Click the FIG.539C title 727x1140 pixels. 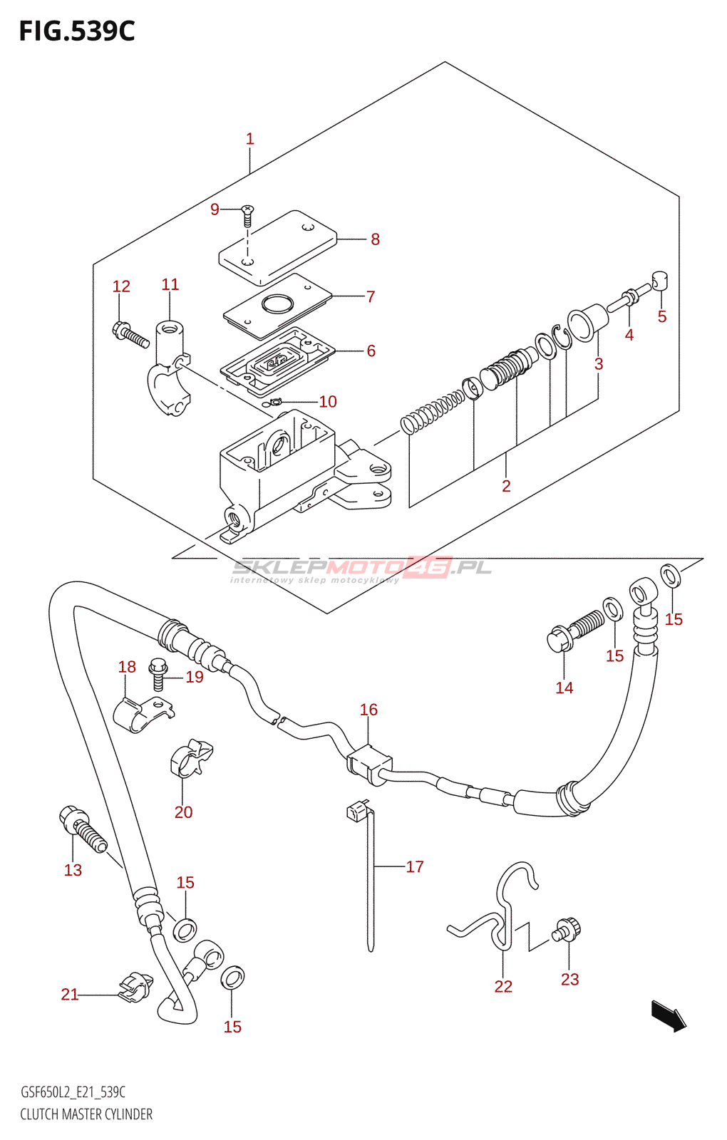click(x=77, y=31)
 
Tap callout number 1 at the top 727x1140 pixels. click(x=249, y=138)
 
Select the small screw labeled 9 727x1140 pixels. click(x=247, y=216)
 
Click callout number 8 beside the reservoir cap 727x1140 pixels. click(x=375, y=239)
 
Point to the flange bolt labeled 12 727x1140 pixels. click(x=130, y=334)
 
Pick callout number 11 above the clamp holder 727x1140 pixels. click(x=170, y=284)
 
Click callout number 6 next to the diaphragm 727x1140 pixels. click(x=371, y=351)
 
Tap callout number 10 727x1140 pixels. click(x=328, y=402)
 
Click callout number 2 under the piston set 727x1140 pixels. click(x=506, y=485)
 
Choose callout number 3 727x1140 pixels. click(x=599, y=364)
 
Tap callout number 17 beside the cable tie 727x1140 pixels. click(x=414, y=866)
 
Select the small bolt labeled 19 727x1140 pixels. click(x=158, y=674)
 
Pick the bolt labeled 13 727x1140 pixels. click(x=83, y=829)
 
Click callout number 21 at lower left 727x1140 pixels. click(x=70, y=994)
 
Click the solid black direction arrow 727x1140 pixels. click(x=669, y=1016)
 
